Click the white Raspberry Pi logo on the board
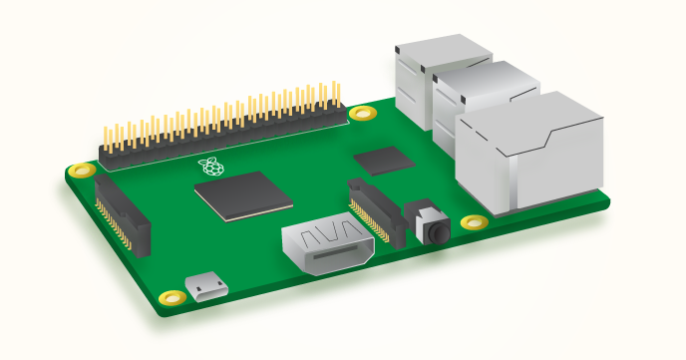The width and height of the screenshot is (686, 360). click(208, 166)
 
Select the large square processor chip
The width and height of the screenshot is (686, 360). click(242, 194)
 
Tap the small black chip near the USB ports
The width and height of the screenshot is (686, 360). click(384, 160)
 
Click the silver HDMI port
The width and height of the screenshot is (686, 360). click(328, 248)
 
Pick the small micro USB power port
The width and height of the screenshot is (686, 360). click(209, 289)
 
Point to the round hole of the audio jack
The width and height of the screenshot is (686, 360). click(437, 231)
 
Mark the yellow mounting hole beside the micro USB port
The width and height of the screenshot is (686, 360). click(172, 297)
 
